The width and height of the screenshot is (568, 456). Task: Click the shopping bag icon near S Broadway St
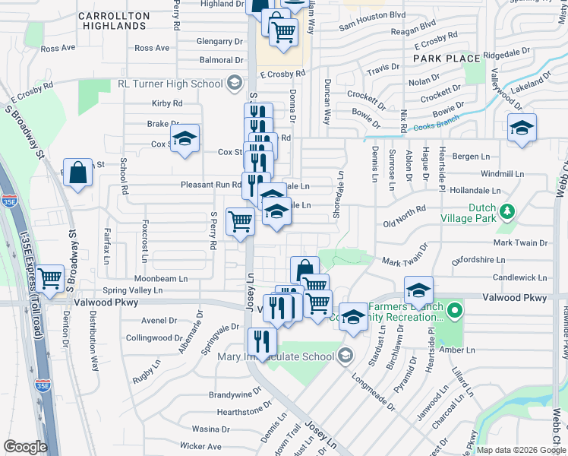coord(77,173)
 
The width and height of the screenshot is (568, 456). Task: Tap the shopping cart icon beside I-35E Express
coord(50,278)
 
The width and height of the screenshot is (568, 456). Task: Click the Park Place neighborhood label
coord(447,59)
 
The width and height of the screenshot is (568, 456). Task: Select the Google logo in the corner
coord(25,447)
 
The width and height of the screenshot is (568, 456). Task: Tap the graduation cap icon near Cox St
coord(184,138)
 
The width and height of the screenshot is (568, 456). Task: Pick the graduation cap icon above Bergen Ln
coord(522,128)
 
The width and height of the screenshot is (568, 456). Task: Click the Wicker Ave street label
coord(201,446)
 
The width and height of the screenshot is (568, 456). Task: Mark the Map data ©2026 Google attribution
coord(521,450)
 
